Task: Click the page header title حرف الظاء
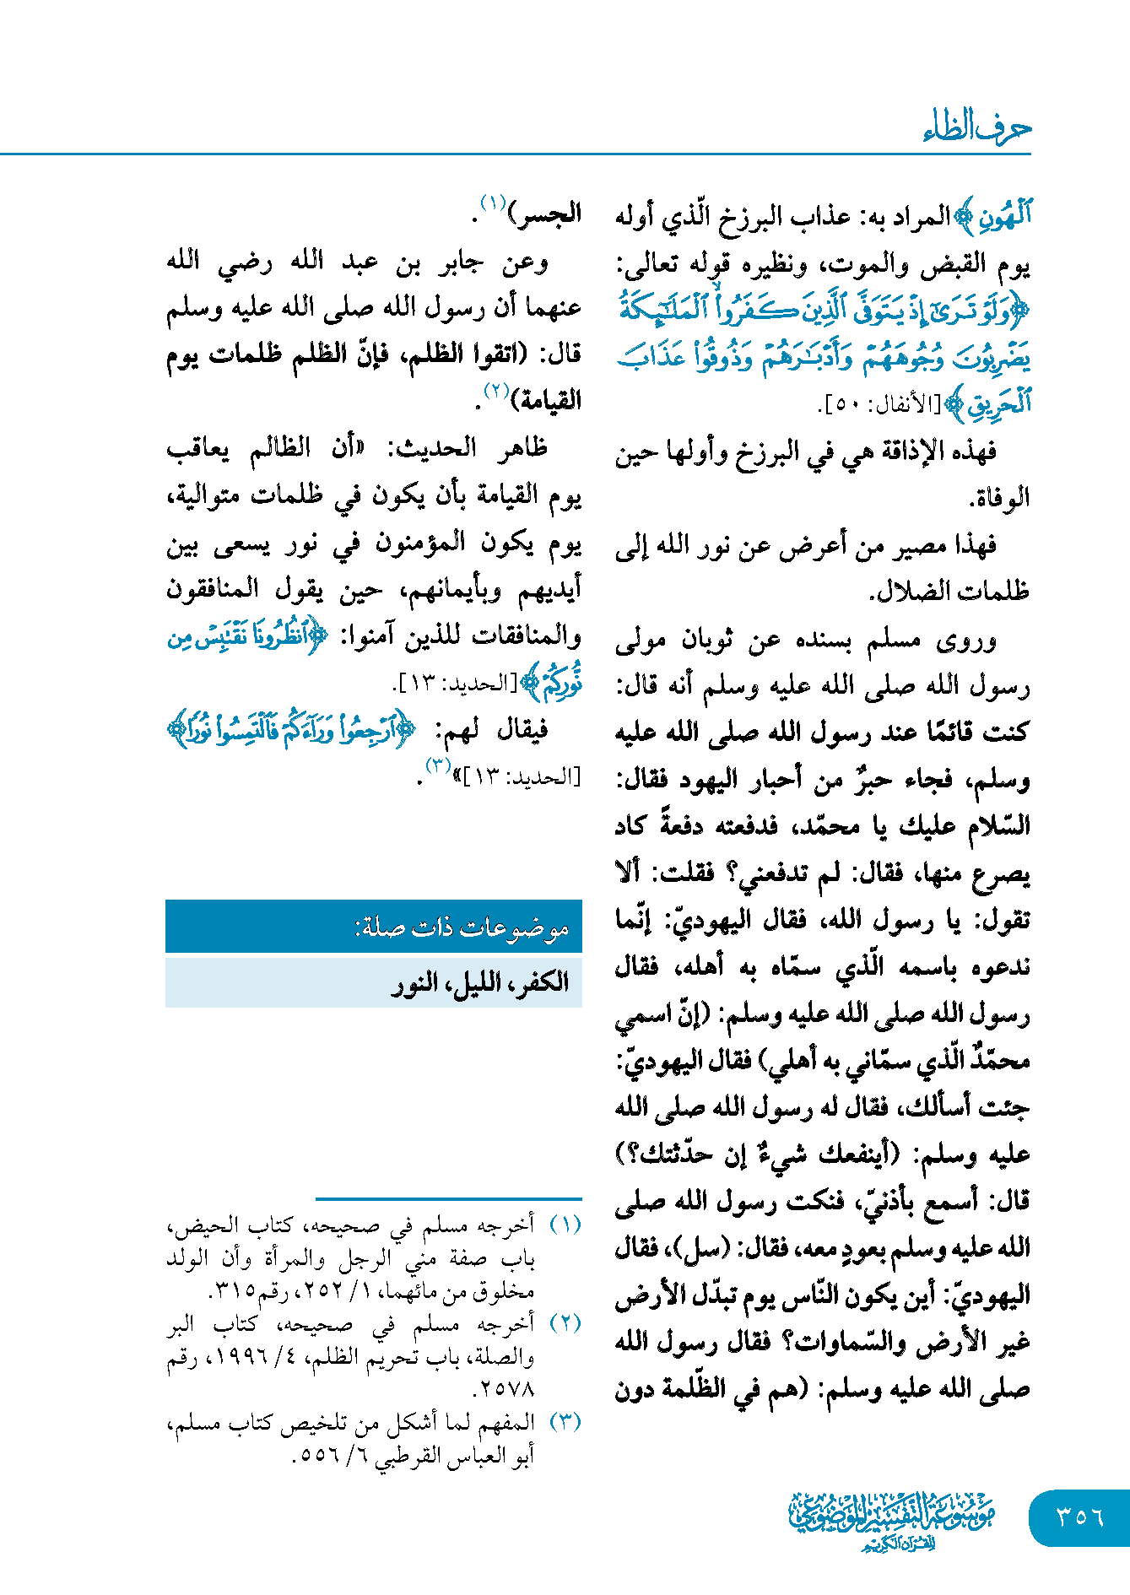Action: pyautogui.click(x=976, y=127)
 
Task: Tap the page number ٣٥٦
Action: pyautogui.click(x=1079, y=1517)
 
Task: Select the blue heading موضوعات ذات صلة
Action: pyautogui.click(x=462, y=928)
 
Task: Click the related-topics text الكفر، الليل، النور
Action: pyautogui.click(x=480, y=982)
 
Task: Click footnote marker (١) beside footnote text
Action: pyautogui.click(x=565, y=1224)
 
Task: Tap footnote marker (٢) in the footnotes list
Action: pyautogui.click(x=565, y=1322)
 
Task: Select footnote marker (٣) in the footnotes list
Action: pyautogui.click(x=565, y=1421)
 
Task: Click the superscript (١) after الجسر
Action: pyautogui.click(x=493, y=203)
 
